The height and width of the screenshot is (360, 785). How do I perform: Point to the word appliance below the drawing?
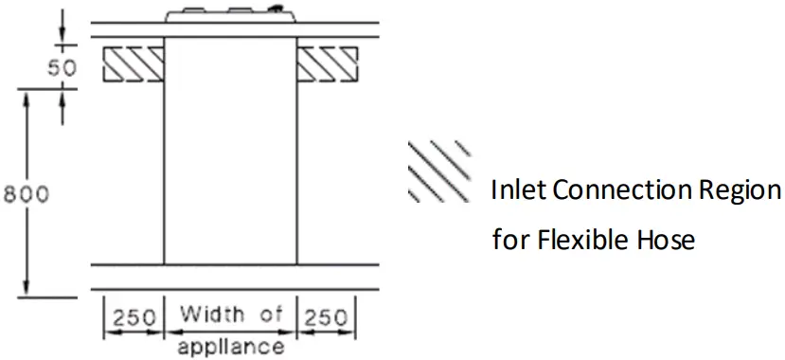(230, 346)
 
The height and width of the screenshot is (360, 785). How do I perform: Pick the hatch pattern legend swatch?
(438, 170)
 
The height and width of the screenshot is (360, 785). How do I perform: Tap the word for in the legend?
(510, 240)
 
